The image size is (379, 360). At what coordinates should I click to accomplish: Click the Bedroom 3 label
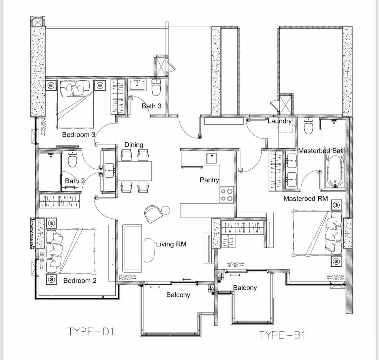(x=79, y=134)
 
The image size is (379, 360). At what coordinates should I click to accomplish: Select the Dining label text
(x=134, y=145)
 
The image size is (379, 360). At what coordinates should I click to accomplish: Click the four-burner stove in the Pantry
(x=227, y=195)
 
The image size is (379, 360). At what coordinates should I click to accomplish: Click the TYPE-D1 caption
(x=91, y=332)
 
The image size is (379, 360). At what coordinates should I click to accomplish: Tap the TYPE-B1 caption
(x=282, y=335)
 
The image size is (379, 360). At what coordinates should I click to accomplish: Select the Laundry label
(x=280, y=121)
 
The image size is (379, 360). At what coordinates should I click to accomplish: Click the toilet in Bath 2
(x=72, y=159)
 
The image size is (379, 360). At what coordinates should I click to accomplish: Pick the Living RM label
(x=171, y=244)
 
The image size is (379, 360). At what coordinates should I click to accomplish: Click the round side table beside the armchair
(x=165, y=210)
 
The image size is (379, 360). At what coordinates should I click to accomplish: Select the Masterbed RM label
(x=305, y=199)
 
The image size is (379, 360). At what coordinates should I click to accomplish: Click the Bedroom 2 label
(x=80, y=280)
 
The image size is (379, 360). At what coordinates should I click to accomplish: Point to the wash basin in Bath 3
(x=137, y=85)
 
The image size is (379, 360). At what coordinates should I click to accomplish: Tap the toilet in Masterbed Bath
(x=308, y=126)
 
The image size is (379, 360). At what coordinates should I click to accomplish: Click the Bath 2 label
(x=75, y=181)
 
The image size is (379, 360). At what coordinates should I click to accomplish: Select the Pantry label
(x=209, y=180)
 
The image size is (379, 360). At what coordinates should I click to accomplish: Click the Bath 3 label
(x=152, y=106)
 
